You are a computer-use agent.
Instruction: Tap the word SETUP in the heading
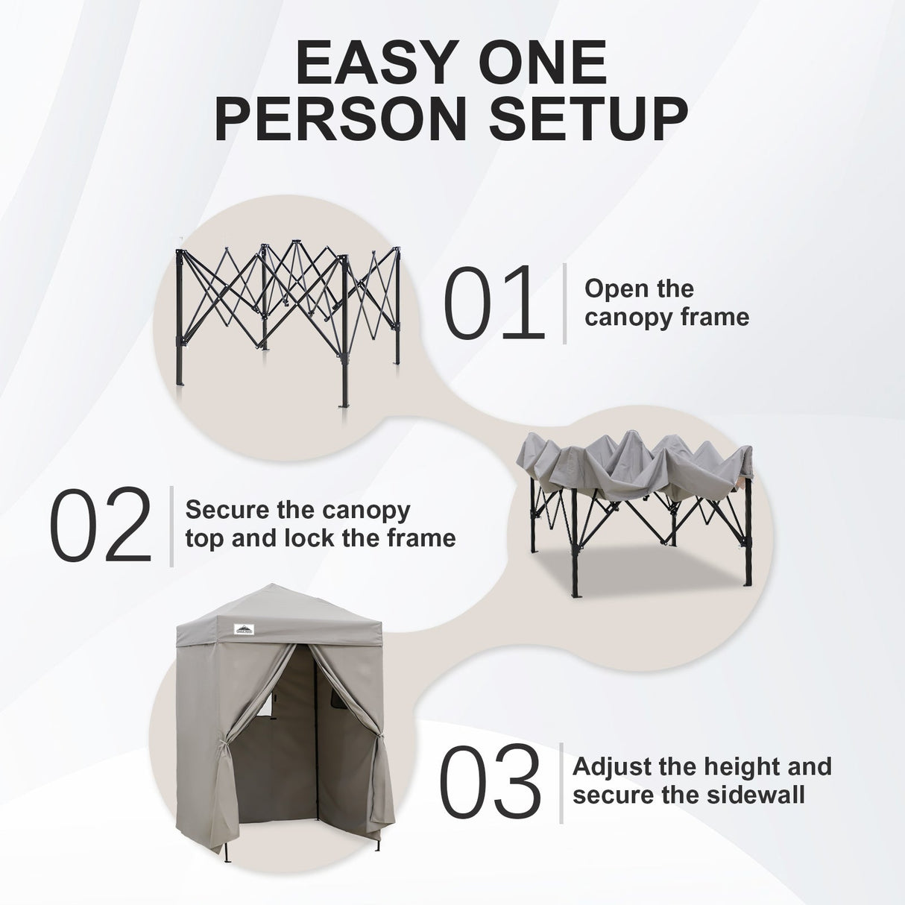(602, 119)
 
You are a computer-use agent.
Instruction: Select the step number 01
(493, 305)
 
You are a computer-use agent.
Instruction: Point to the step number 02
(101, 526)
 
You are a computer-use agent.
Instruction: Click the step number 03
(491, 783)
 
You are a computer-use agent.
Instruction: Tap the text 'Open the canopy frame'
(666, 303)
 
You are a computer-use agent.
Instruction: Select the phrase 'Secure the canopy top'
(297, 511)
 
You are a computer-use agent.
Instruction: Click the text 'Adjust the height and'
(701, 766)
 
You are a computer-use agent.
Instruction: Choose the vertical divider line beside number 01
(565, 303)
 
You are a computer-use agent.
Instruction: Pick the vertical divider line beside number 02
(171, 526)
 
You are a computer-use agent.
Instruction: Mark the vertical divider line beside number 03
(561, 783)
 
